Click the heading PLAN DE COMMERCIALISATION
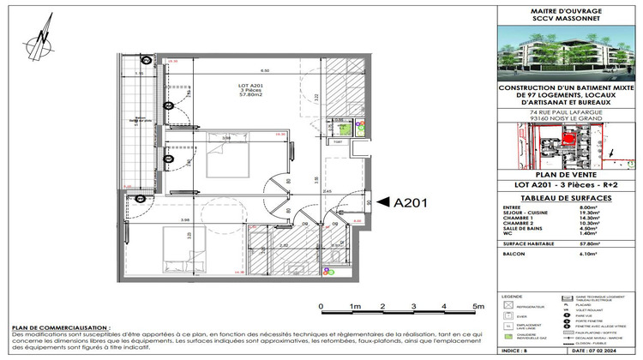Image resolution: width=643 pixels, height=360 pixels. click(x=60, y=328)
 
